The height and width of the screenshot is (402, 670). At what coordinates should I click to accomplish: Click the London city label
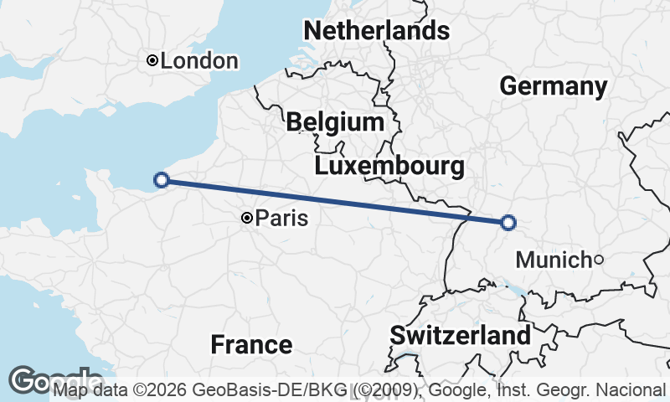click(x=199, y=61)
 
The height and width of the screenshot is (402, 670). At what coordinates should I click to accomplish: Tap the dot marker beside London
click(x=152, y=60)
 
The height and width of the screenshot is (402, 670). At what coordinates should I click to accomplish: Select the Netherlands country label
click(x=376, y=31)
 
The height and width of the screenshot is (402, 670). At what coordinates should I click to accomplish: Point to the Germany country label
click(x=553, y=86)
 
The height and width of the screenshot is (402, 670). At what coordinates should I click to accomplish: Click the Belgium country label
click(x=334, y=122)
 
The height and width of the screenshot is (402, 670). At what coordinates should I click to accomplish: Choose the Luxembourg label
click(x=389, y=166)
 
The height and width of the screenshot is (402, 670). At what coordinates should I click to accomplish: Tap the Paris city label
click(x=281, y=219)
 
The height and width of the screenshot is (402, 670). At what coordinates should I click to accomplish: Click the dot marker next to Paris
click(x=247, y=218)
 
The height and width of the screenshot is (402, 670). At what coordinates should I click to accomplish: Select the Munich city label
click(x=553, y=260)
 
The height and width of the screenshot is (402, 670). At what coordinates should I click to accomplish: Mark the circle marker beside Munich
click(x=598, y=260)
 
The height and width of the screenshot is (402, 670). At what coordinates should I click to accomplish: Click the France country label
click(x=251, y=344)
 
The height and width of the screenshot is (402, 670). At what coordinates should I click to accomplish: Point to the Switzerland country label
click(x=461, y=336)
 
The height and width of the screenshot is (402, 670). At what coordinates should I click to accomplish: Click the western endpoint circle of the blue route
click(x=162, y=179)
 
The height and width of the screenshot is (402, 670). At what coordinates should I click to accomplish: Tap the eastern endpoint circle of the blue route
click(x=508, y=222)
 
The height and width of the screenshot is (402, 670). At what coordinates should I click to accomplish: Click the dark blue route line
click(x=335, y=201)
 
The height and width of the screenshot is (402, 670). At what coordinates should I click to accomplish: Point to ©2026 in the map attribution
click(x=162, y=390)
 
